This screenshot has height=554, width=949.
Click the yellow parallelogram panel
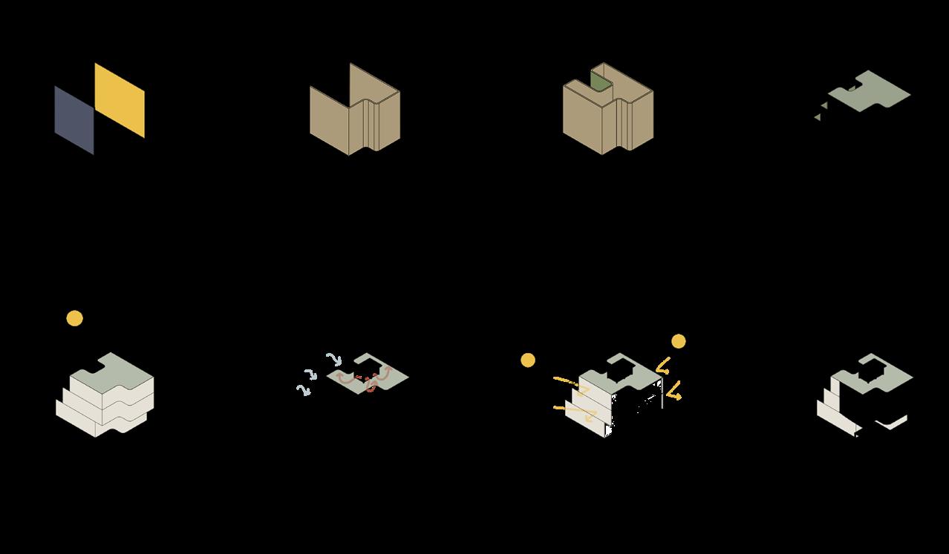tap(120, 100)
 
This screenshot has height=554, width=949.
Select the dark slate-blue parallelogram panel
tap(74, 120)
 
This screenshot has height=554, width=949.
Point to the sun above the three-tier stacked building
tap(74, 318)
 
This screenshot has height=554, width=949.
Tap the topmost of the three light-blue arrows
tap(333, 359)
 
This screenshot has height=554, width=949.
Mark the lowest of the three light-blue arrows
tap(303, 389)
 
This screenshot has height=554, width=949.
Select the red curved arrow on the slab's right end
tap(384, 373)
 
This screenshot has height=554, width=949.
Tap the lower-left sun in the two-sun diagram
tap(528, 360)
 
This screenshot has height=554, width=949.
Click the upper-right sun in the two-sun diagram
tap(678, 341)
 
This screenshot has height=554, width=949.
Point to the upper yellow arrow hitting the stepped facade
tap(571, 384)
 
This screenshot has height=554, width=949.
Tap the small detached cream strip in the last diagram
tap(892, 423)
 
